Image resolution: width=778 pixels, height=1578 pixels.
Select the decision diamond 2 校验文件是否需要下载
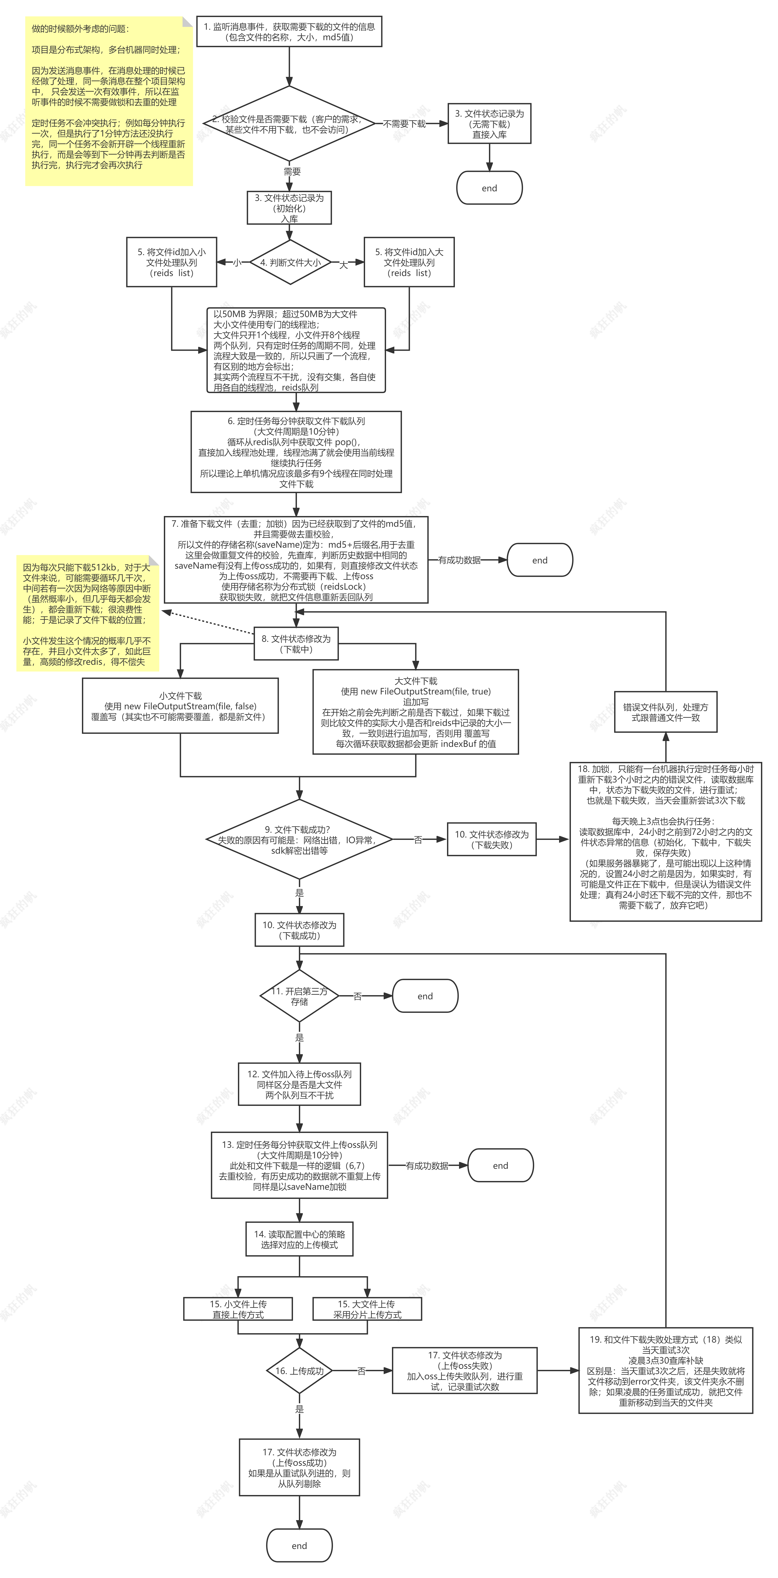(x=289, y=124)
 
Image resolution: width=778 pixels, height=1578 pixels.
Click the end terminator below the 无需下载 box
(x=489, y=188)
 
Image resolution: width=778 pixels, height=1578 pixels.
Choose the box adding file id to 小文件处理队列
(x=172, y=262)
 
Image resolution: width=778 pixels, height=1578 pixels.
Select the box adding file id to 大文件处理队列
(x=409, y=262)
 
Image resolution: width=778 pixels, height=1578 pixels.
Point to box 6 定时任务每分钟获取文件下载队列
(x=296, y=452)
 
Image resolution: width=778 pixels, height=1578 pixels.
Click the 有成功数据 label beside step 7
(x=459, y=560)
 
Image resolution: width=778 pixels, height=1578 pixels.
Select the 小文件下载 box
(x=180, y=706)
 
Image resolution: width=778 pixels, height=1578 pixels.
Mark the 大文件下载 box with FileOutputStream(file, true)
(x=416, y=712)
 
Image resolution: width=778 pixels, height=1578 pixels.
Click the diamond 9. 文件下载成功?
(x=299, y=839)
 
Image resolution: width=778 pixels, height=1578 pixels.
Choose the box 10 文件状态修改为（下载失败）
(x=492, y=839)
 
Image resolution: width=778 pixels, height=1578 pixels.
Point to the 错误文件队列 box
(x=665, y=712)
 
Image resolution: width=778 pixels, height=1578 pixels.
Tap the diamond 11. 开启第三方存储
(x=299, y=996)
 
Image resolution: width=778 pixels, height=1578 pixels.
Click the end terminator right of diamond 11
(x=425, y=996)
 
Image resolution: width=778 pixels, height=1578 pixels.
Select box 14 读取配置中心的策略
(x=299, y=1239)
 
